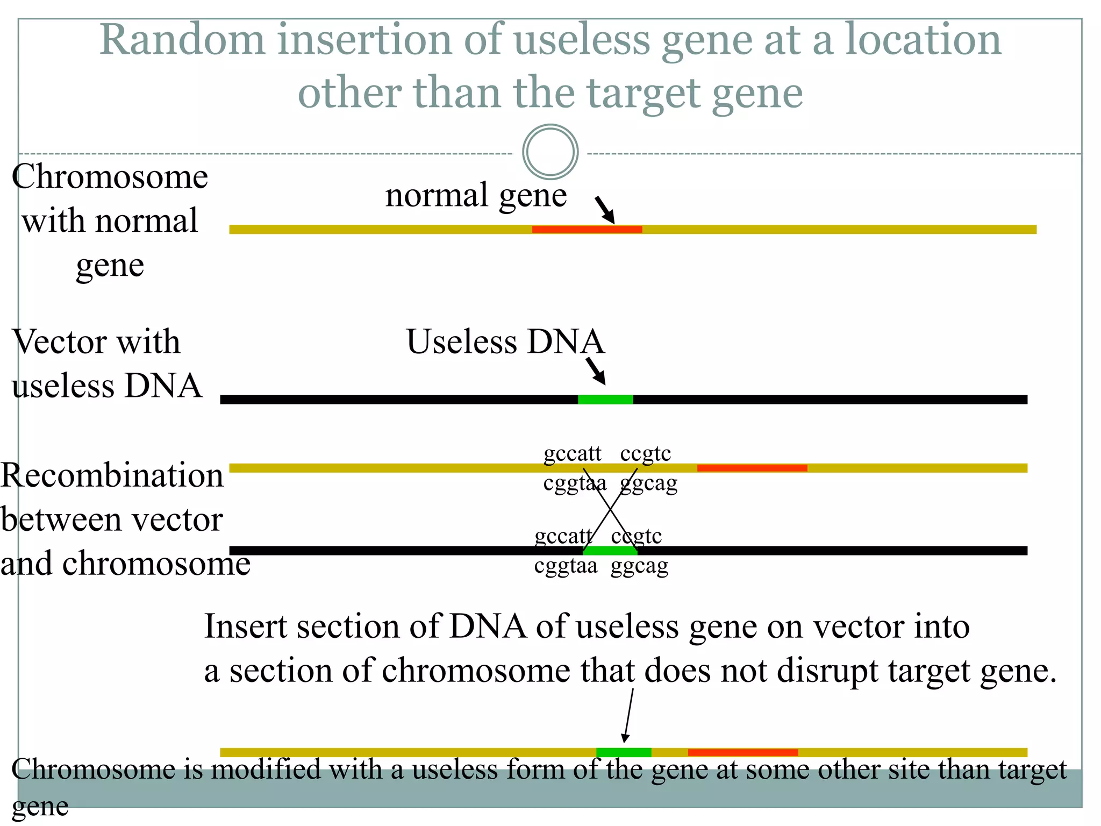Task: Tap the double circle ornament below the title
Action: (x=550, y=152)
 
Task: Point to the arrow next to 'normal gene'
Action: (x=605, y=210)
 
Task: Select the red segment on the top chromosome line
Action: (x=587, y=230)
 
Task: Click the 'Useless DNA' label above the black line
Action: (x=505, y=341)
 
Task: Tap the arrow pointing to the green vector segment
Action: (x=596, y=371)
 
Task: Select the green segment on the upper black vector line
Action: (x=605, y=400)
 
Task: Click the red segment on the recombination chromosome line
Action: (x=752, y=468)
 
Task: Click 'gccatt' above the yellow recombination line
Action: (x=572, y=453)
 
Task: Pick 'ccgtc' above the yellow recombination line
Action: (x=645, y=453)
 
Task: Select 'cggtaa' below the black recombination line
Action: (x=566, y=566)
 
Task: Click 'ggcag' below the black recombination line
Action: (x=639, y=566)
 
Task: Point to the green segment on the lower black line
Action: (x=610, y=551)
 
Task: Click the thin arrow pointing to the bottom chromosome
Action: (x=628, y=715)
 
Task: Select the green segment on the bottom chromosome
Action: (x=624, y=752)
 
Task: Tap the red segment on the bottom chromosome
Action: (x=742, y=752)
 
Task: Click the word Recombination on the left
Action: (x=112, y=475)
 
